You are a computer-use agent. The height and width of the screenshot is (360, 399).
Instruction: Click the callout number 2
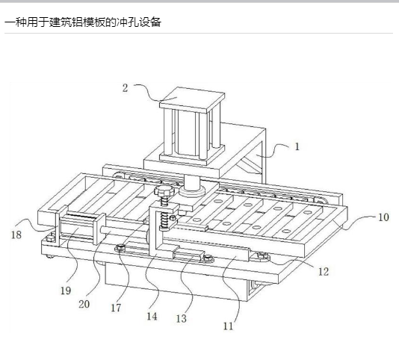coord(125,88)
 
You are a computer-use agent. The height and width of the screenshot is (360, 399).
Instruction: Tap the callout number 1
coord(297,146)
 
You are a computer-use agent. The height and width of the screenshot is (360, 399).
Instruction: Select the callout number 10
coord(383,217)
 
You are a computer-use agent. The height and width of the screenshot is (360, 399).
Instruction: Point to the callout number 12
coord(324,272)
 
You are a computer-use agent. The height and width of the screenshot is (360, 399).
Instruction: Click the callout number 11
coord(228,326)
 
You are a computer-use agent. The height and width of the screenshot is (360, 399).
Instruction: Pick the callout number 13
coord(182,318)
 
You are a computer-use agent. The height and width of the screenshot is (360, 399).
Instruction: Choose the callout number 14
coord(152,316)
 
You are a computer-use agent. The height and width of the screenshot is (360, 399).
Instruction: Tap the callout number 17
coord(116,308)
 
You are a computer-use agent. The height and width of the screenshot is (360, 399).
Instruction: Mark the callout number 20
coord(84,304)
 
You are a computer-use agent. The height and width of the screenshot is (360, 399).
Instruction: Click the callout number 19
coord(66,291)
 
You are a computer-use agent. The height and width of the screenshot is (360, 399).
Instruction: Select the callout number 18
coord(16,235)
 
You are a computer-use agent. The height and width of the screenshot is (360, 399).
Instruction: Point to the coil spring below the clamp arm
coord(165,221)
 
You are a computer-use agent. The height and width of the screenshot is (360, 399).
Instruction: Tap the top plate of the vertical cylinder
coord(192,99)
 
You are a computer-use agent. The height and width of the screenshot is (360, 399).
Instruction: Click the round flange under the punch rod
coord(192,191)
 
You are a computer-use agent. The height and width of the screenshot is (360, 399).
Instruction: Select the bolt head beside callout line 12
coord(262,255)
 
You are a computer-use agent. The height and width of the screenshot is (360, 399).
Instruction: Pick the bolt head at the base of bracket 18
coord(51,238)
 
